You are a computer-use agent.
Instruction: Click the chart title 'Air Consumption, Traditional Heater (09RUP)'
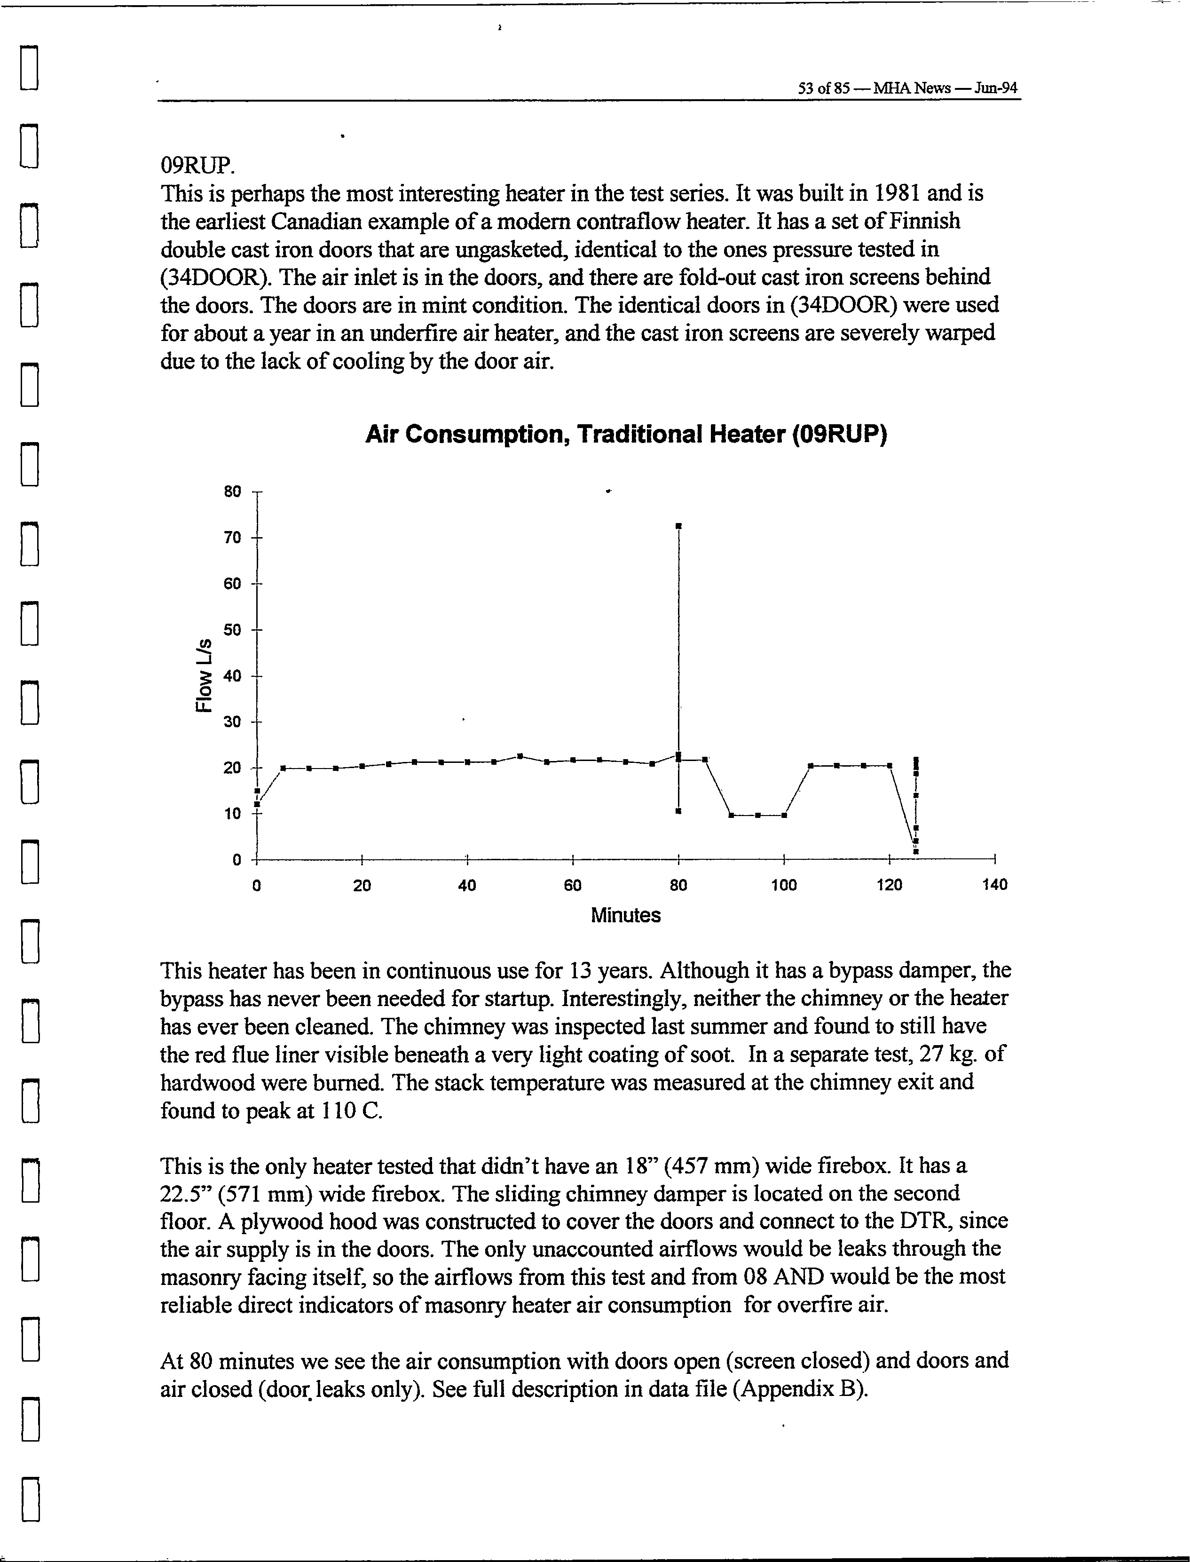coord(626,434)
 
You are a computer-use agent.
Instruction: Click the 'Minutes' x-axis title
coord(625,915)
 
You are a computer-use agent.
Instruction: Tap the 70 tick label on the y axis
coord(232,538)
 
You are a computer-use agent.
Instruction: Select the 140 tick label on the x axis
coord(994,885)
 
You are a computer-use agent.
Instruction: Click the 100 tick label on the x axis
coord(783,885)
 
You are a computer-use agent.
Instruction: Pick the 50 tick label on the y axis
coord(232,630)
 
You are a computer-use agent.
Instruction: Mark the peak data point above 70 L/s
coord(678,526)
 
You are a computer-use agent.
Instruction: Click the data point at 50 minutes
coord(520,756)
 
